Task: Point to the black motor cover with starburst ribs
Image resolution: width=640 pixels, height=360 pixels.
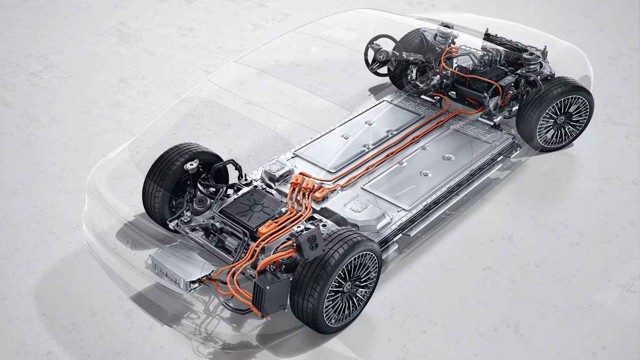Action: pos(244,210)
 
